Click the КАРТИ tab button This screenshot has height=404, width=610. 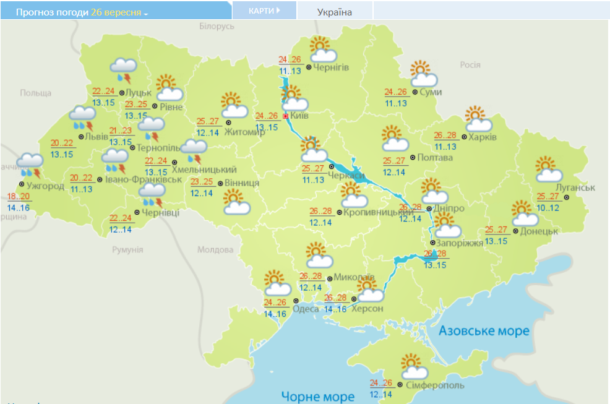click(264, 11)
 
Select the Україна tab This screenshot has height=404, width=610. click(334, 12)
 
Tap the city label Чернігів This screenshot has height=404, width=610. click(331, 67)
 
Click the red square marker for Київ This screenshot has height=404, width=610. click(285, 116)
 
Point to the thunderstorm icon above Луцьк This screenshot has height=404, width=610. click(123, 70)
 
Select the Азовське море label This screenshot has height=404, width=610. click(484, 331)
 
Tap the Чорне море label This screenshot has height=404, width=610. click(317, 396)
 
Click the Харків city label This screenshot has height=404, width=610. click(483, 137)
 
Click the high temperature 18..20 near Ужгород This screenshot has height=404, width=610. click(19, 196)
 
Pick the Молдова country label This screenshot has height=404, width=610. click(213, 250)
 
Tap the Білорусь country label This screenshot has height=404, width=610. click(217, 27)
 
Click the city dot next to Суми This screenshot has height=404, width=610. click(415, 92)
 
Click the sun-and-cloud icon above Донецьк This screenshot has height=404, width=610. click(525, 213)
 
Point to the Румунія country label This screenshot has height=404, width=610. click(127, 249)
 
